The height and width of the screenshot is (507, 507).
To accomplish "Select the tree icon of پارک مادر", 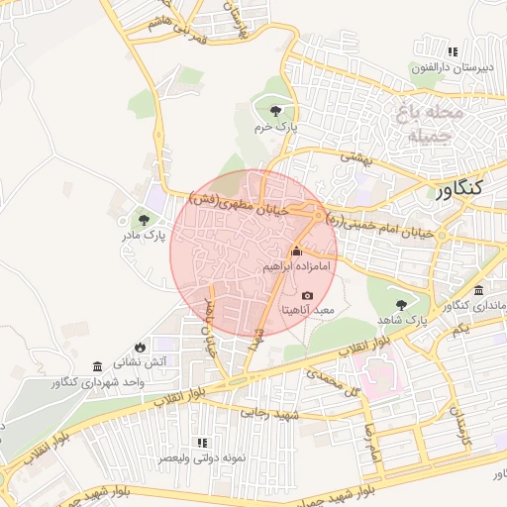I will coord(146,219).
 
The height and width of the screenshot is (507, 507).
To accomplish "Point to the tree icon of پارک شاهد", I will coord(401,305).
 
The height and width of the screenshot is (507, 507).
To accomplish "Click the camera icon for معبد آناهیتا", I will coord(307,295).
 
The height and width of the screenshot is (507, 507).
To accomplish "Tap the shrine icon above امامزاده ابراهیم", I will coord(296,252).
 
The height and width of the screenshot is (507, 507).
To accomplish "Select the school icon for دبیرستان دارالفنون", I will coord(453,51).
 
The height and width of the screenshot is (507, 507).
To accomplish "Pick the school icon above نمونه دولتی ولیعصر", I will coord(203,443).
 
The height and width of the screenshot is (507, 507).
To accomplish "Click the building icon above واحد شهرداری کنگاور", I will coord(96,365).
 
